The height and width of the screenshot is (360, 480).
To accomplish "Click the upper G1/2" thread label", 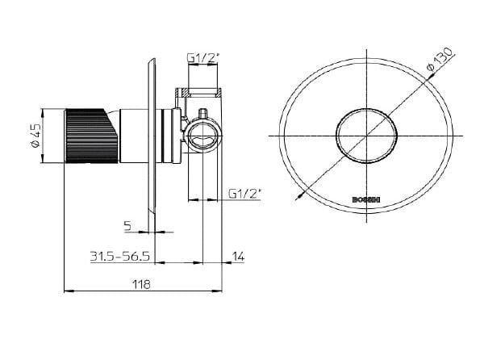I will tap(202, 58).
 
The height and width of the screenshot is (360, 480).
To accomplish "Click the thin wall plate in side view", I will tap(151, 137).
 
